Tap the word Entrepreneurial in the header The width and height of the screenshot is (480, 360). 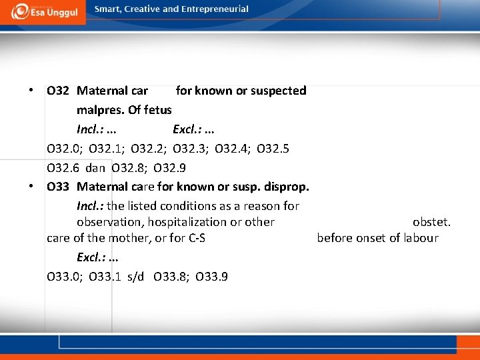pyautogui.click(x=213, y=9)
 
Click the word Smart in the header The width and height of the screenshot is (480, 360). pyautogui.click(x=109, y=9)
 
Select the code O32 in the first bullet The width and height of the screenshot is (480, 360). pyautogui.click(x=59, y=91)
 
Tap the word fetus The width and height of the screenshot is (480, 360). pyautogui.click(x=158, y=109)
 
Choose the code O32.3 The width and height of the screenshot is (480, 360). pyautogui.click(x=189, y=148)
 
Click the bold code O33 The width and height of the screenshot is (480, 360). pyautogui.click(x=59, y=186)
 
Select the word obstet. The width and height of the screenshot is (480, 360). pyautogui.click(x=431, y=222)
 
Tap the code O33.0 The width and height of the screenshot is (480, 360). pyautogui.click(x=63, y=276)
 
